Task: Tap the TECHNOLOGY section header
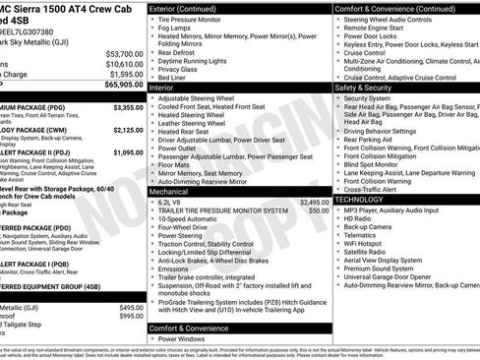pyautogui.click(x=365, y=199)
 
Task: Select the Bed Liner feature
pyautogui.click(x=174, y=77)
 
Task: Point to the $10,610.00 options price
pyautogui.click(x=122, y=63)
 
